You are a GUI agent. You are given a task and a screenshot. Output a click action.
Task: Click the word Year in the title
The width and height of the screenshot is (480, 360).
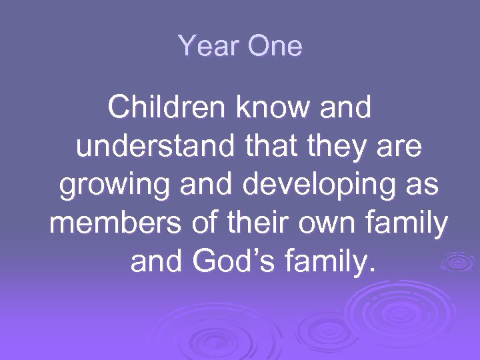201,47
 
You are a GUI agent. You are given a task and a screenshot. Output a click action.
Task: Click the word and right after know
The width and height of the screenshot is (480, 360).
347,108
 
